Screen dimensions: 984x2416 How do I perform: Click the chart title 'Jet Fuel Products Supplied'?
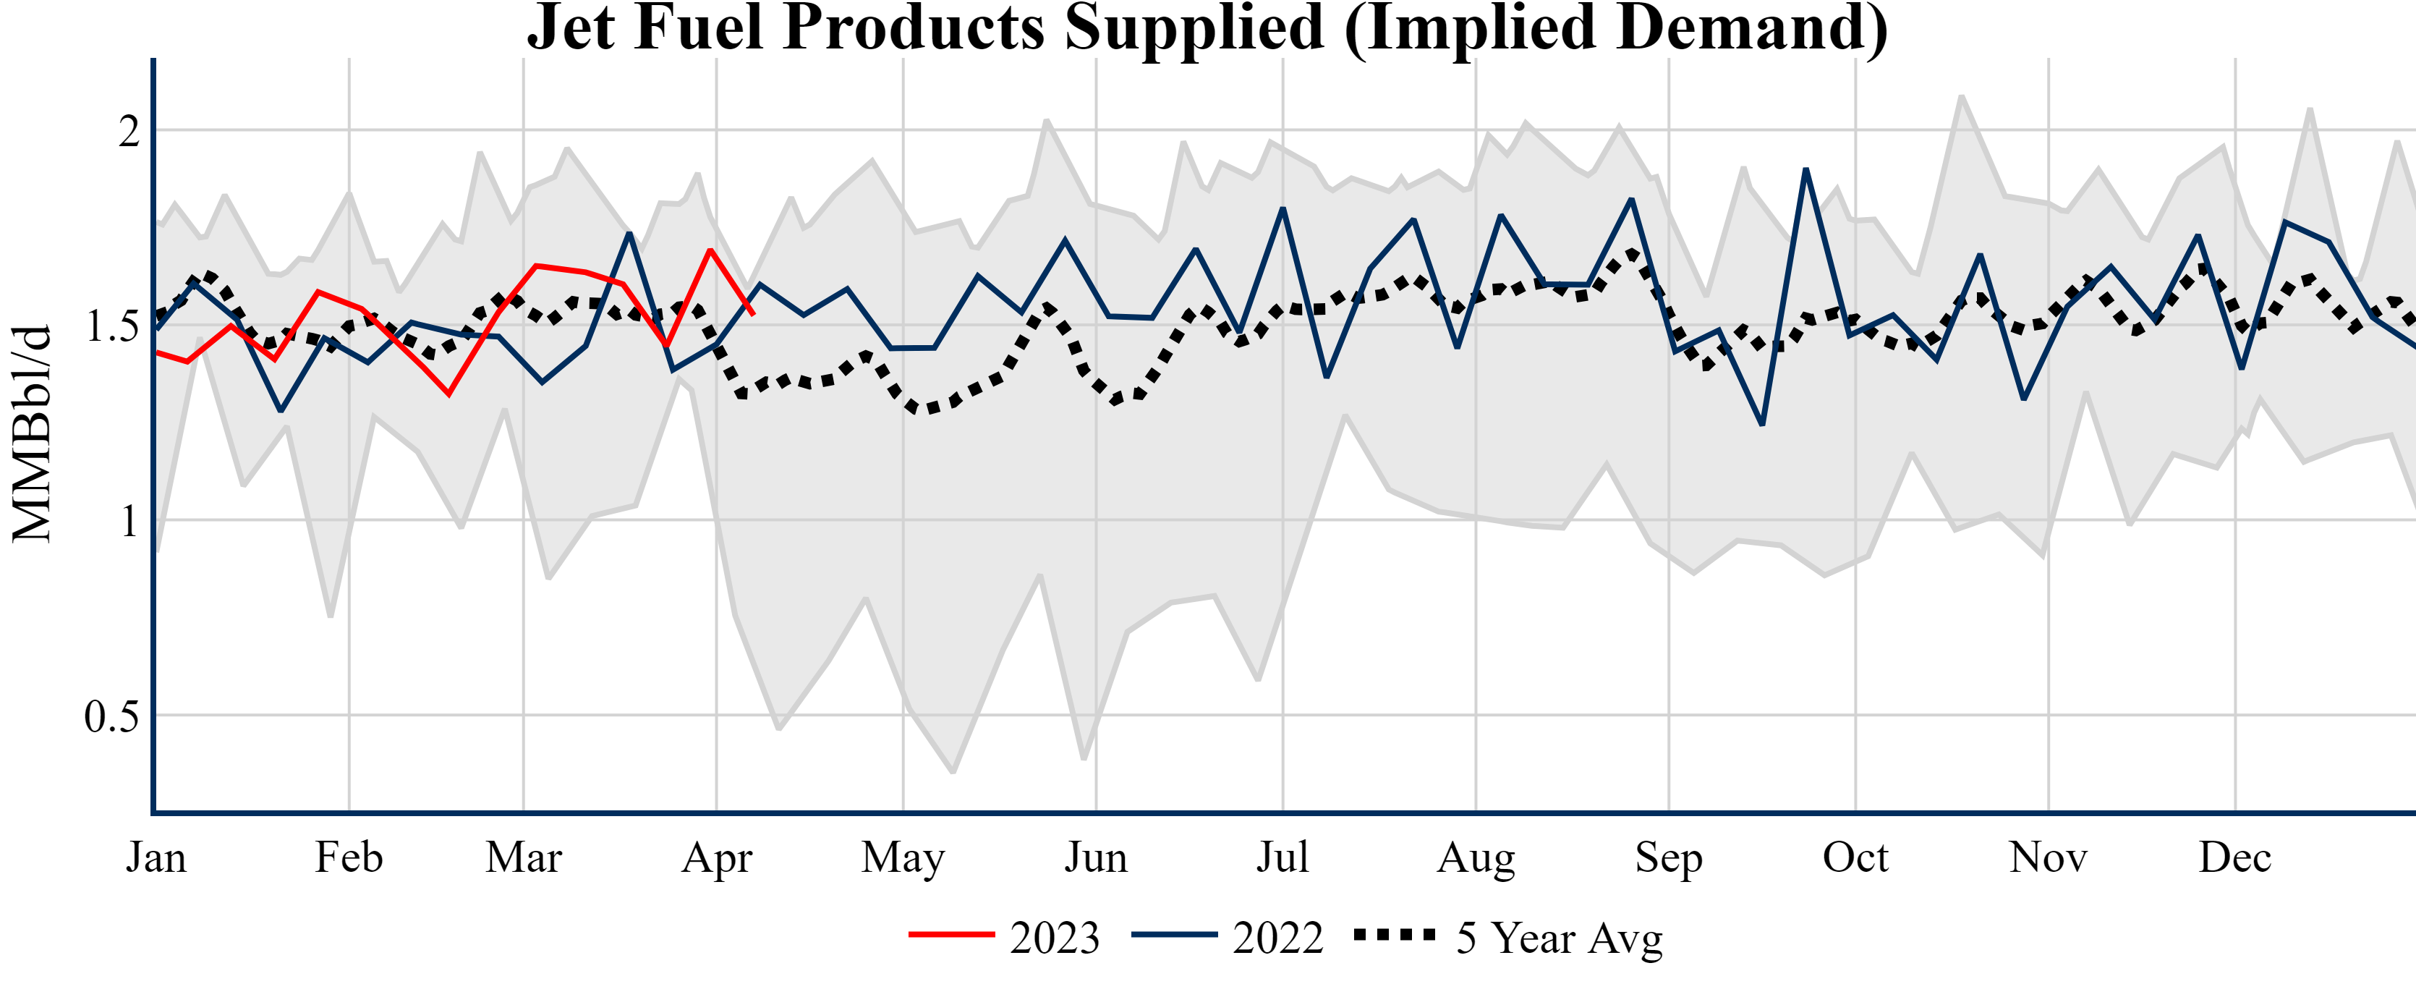tap(1207, 28)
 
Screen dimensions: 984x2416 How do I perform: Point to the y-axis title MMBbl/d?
tap(32, 433)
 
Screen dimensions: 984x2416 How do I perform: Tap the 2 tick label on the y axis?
tap(129, 132)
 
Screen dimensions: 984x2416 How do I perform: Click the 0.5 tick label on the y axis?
tap(111, 717)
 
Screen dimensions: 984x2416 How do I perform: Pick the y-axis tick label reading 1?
tap(129, 522)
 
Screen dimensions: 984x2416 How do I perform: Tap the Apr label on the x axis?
tap(717, 857)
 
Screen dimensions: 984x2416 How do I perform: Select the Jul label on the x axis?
tap(1282, 857)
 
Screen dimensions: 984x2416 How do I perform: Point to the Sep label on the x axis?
tap(1669, 857)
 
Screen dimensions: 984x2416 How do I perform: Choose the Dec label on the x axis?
tap(2235, 857)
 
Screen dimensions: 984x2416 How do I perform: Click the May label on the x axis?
tap(903, 857)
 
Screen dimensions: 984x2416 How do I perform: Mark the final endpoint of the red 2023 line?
tap(753, 313)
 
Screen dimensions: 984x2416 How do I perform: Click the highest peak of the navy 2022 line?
tap(1805, 170)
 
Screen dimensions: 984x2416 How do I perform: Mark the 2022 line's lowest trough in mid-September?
tap(1762, 424)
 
